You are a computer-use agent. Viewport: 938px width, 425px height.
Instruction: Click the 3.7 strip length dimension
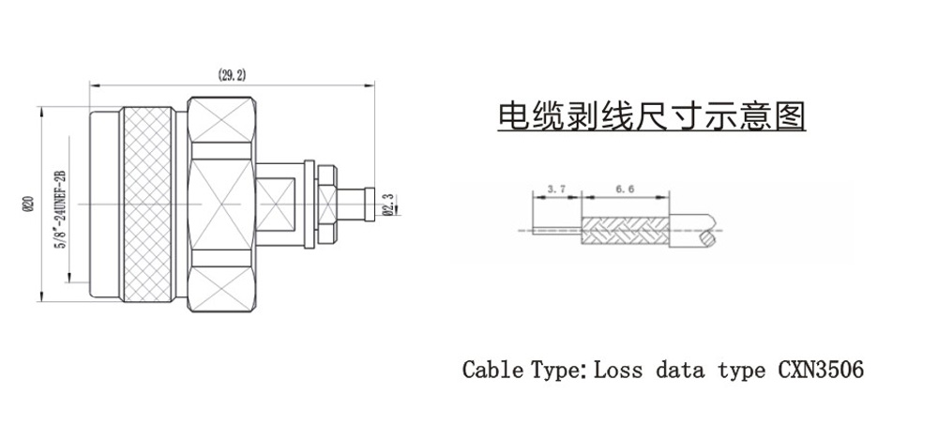pos(557,190)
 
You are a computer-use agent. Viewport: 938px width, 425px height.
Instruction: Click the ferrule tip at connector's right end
pos(368,204)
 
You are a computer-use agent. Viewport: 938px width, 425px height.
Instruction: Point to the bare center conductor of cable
pos(557,232)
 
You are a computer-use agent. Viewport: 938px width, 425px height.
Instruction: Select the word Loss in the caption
pos(619,370)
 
